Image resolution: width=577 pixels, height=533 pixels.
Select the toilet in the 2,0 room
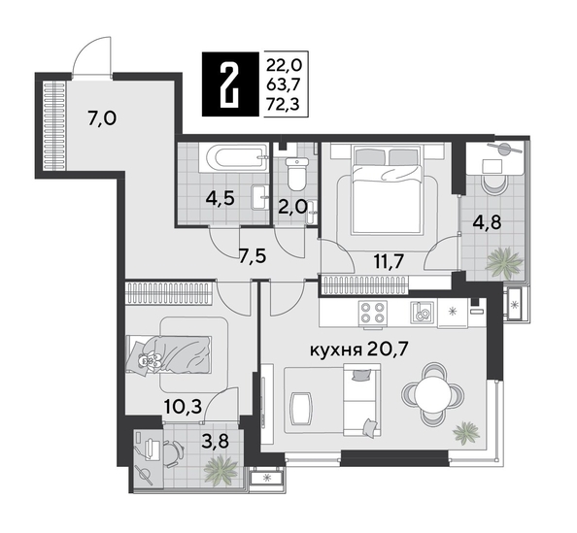(x=297, y=172)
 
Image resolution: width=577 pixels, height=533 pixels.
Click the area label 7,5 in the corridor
(x=254, y=257)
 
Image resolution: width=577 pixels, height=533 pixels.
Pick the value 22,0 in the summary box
(x=284, y=64)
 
